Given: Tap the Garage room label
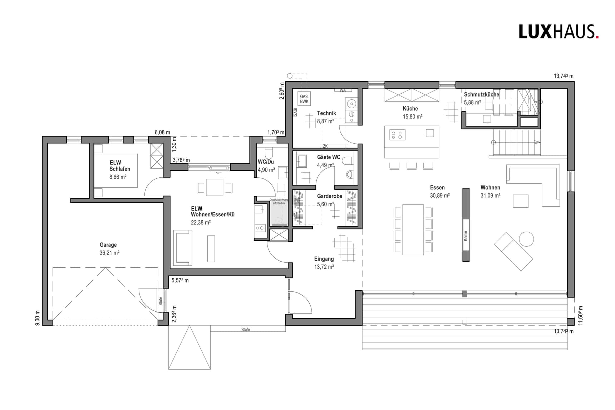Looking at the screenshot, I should click(x=108, y=245).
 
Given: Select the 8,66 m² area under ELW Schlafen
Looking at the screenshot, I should click(x=118, y=177).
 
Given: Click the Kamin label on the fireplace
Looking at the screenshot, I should click(x=466, y=236).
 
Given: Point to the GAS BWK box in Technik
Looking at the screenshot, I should click(x=304, y=99).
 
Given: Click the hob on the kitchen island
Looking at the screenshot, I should click(x=397, y=135).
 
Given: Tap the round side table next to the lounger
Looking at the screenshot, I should click(x=526, y=239).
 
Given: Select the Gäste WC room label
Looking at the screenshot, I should click(x=329, y=157).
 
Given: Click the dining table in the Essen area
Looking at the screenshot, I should click(x=413, y=229).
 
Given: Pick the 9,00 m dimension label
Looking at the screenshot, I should click(x=38, y=318).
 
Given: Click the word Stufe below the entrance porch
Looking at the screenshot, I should click(x=245, y=330).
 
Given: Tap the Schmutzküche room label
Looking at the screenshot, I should click(x=481, y=95).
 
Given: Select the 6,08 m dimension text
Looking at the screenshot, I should click(x=162, y=133).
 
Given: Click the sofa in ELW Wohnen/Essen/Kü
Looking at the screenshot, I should click(x=182, y=248).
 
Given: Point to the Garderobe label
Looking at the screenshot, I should click(x=329, y=196).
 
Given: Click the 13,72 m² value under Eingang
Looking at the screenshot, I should click(x=324, y=267).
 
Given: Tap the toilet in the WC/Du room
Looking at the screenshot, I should click(x=269, y=154).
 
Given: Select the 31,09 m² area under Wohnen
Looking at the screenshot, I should click(x=490, y=196).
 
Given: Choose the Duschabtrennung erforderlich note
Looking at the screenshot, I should click(x=279, y=201).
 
